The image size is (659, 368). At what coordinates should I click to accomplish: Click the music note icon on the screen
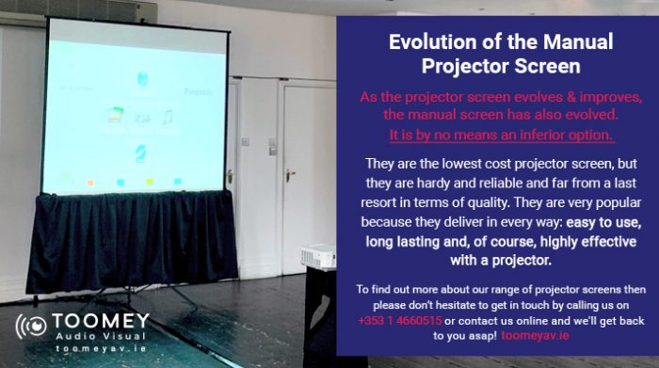tap(167, 118)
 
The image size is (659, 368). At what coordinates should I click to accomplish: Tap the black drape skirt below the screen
tap(132, 240)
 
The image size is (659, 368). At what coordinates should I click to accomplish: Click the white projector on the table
tap(317, 254)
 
